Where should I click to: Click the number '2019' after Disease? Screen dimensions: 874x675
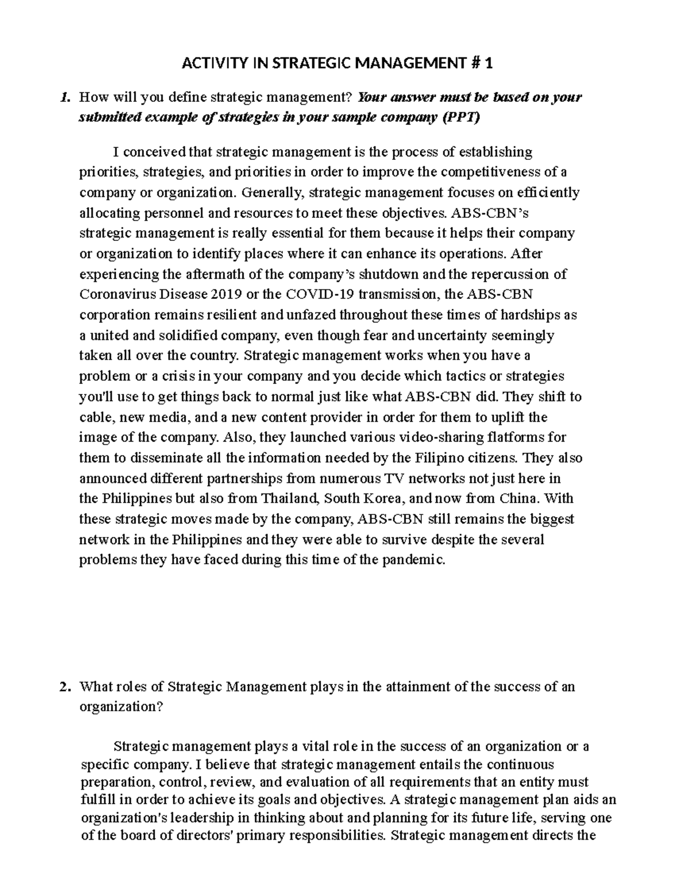(228, 294)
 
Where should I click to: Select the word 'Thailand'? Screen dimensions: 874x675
(291, 499)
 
